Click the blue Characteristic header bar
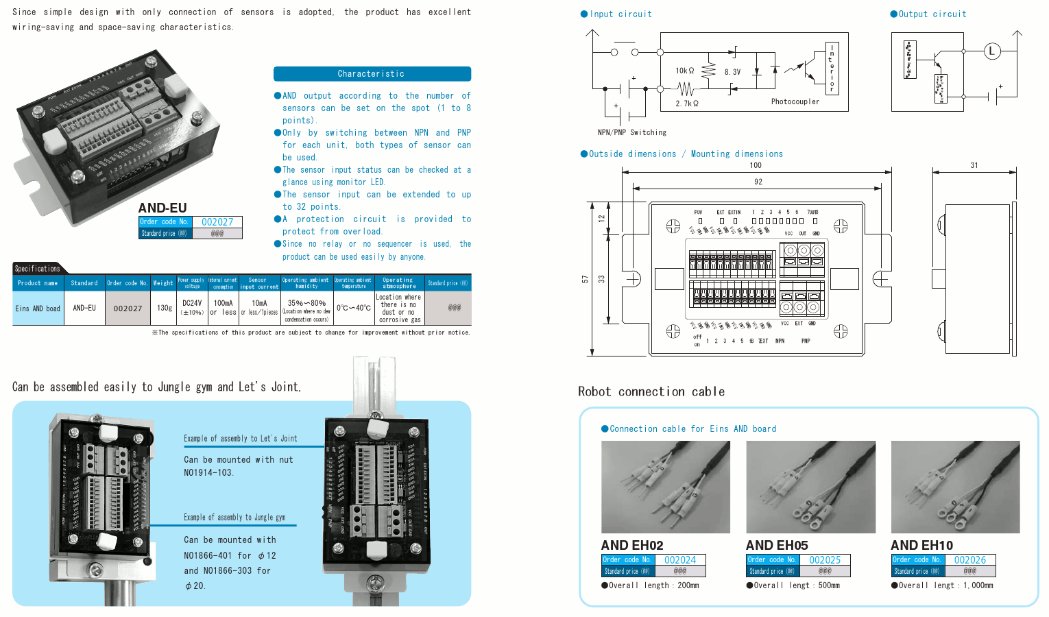click(372, 74)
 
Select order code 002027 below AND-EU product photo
click(217, 222)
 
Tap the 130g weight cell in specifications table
click(165, 308)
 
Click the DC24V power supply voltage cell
click(192, 303)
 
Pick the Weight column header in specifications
click(163, 283)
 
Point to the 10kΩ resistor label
click(684, 71)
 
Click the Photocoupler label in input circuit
click(795, 101)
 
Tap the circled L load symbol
click(991, 51)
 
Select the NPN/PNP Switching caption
click(631, 132)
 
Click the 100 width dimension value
click(756, 165)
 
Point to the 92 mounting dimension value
click(758, 182)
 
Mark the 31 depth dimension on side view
click(974, 165)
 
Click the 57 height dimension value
click(585, 279)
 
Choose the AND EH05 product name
click(777, 546)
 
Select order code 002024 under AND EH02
click(680, 560)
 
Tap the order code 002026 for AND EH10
click(969, 560)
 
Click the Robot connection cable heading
click(651, 391)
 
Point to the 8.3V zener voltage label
click(732, 71)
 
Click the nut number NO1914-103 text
click(208, 472)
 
